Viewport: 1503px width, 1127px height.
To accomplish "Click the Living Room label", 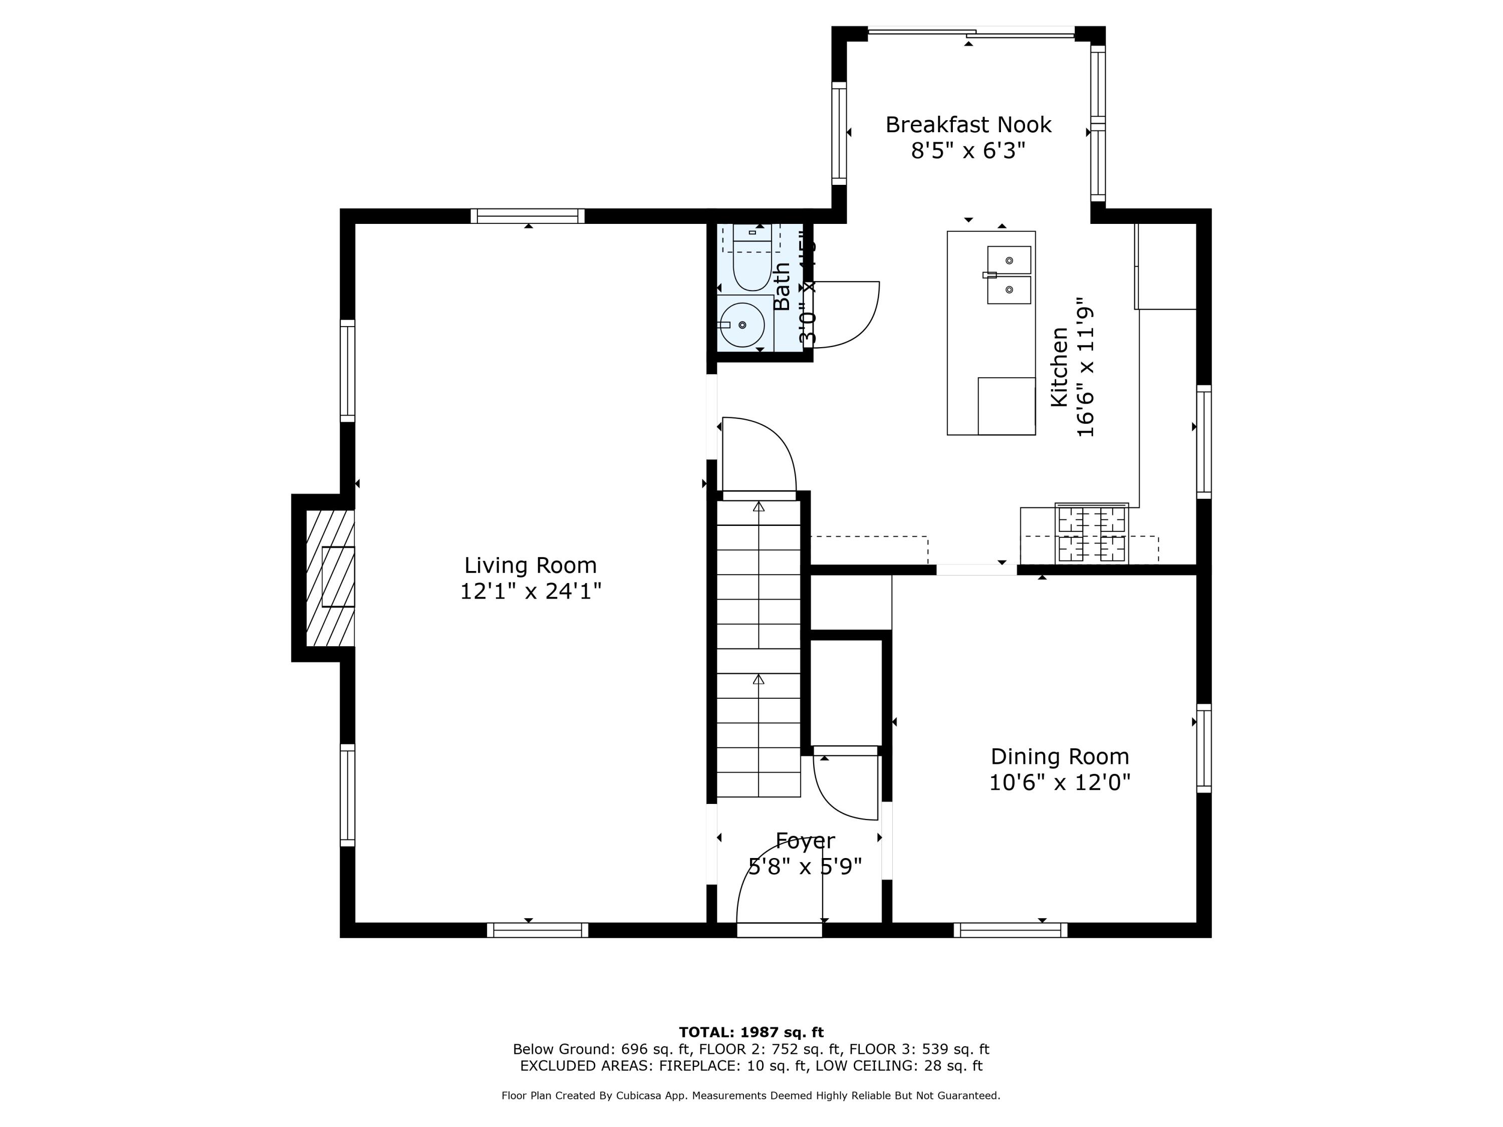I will pos(530,565).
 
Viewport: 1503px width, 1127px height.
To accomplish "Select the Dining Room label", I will pos(1059,756).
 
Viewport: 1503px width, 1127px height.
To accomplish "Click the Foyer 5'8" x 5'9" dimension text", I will pos(805,867).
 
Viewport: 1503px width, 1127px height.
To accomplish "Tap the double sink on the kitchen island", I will pos(1009,274).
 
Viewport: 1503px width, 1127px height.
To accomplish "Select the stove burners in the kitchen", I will pos(1091,533).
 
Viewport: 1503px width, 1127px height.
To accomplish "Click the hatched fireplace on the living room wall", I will pos(330,578).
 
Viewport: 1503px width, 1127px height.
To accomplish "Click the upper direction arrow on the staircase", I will pos(759,507).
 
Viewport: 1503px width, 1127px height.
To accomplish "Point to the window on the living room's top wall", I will pos(528,216).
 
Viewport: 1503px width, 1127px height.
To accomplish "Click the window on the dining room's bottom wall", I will pos(1011,930).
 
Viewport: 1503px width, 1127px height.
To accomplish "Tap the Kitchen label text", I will pos(1059,367).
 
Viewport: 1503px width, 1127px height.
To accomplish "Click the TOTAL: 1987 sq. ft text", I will pos(751,1032).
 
